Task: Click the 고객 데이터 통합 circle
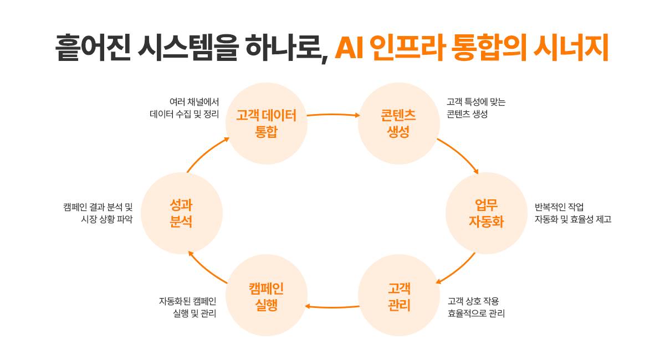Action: [267, 124]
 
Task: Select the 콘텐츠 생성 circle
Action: [398, 124]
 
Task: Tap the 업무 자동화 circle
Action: [486, 213]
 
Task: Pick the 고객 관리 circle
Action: [398, 296]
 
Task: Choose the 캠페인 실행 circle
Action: [267, 296]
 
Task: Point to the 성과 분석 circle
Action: [181, 213]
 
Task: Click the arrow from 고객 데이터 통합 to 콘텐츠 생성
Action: [332, 115]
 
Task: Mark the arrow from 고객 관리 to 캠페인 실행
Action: [332, 307]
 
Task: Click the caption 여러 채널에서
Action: [194, 102]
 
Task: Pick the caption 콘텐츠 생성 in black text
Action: [467, 115]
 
